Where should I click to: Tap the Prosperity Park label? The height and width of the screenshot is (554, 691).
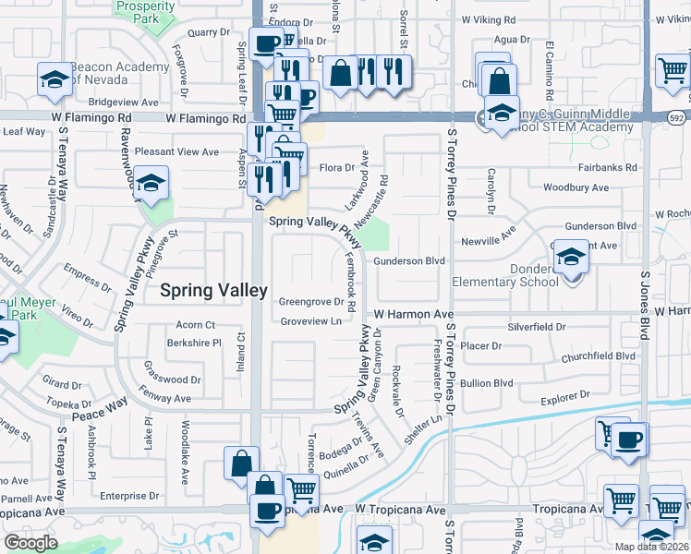(x=145, y=12)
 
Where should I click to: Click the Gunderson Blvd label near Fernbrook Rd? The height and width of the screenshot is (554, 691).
(x=409, y=261)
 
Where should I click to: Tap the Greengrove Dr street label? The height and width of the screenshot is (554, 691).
(x=311, y=301)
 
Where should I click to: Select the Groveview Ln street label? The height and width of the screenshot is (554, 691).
(x=311, y=321)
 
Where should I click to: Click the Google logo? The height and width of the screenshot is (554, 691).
(x=30, y=543)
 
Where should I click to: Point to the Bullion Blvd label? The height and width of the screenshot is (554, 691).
(x=488, y=382)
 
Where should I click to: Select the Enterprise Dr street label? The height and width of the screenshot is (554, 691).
(x=130, y=496)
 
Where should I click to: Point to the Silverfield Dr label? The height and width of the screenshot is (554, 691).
(x=537, y=328)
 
